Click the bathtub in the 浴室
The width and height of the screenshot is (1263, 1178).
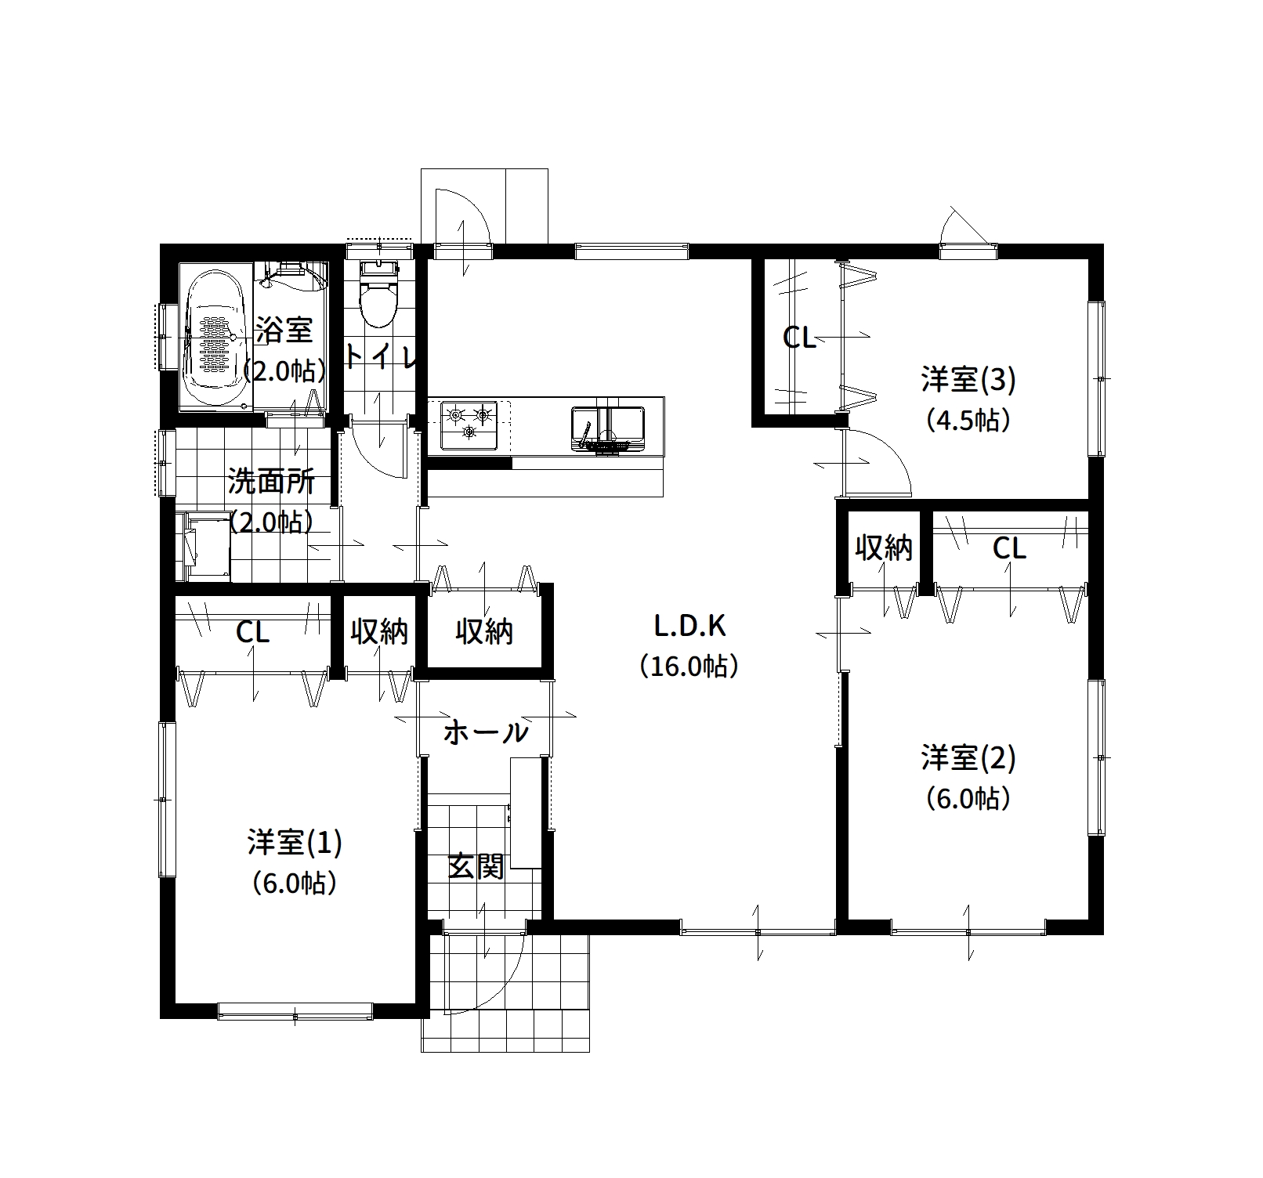[215, 338]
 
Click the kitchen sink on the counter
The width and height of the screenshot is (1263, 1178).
[608, 429]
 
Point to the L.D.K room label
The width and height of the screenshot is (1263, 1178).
[690, 626]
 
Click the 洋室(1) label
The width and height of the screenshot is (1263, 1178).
[295, 842]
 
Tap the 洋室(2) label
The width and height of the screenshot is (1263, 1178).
[968, 757]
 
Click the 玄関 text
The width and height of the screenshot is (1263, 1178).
[476, 866]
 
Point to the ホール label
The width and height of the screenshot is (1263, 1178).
[486, 733]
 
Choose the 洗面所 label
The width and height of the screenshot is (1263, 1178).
[271, 481]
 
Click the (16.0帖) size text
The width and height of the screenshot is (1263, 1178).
[689, 667]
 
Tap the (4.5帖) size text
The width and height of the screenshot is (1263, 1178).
[968, 421]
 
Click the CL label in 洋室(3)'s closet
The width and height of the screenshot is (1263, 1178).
[800, 338]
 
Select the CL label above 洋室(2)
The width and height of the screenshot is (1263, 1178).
[1009, 549]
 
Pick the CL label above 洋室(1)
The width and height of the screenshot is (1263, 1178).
[253, 633]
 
